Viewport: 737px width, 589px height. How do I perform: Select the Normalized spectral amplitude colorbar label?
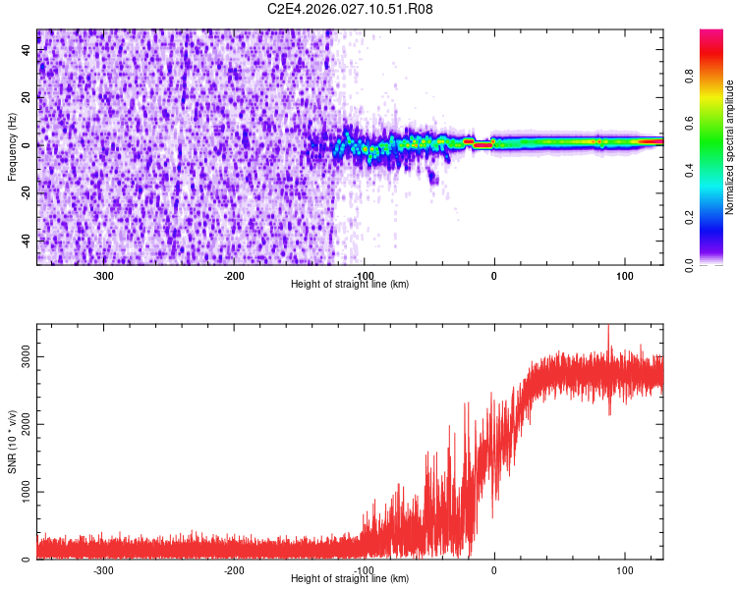730,147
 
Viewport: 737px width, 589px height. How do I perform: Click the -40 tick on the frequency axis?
27,241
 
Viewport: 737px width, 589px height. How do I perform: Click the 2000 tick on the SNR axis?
27,425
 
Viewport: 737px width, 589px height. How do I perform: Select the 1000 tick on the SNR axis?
27,493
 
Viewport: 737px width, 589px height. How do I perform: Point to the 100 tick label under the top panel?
624,276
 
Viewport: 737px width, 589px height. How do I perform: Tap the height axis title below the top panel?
350,285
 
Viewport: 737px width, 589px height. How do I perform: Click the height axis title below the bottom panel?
350,579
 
